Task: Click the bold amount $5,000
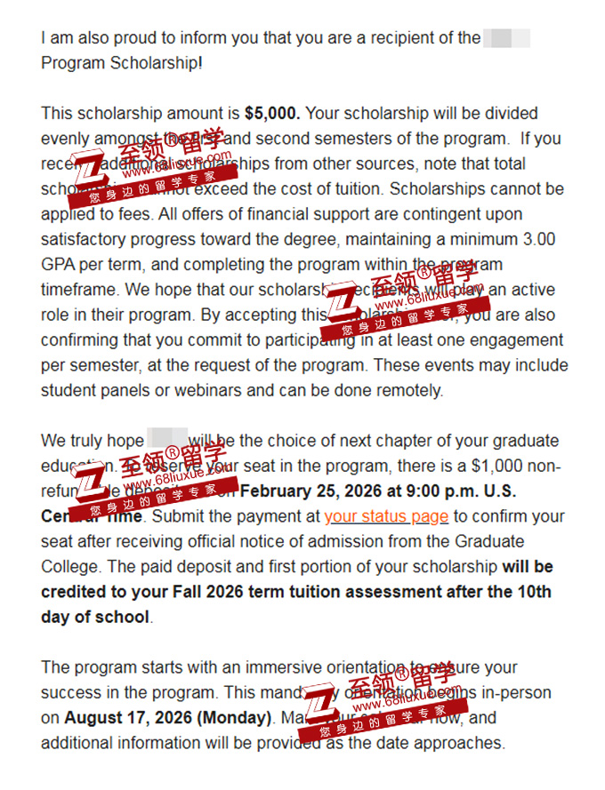(x=272, y=114)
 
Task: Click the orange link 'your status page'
(x=386, y=516)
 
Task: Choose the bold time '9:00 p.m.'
(x=443, y=491)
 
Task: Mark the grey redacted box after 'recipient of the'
(x=506, y=38)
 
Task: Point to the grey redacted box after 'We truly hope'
(x=166, y=440)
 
